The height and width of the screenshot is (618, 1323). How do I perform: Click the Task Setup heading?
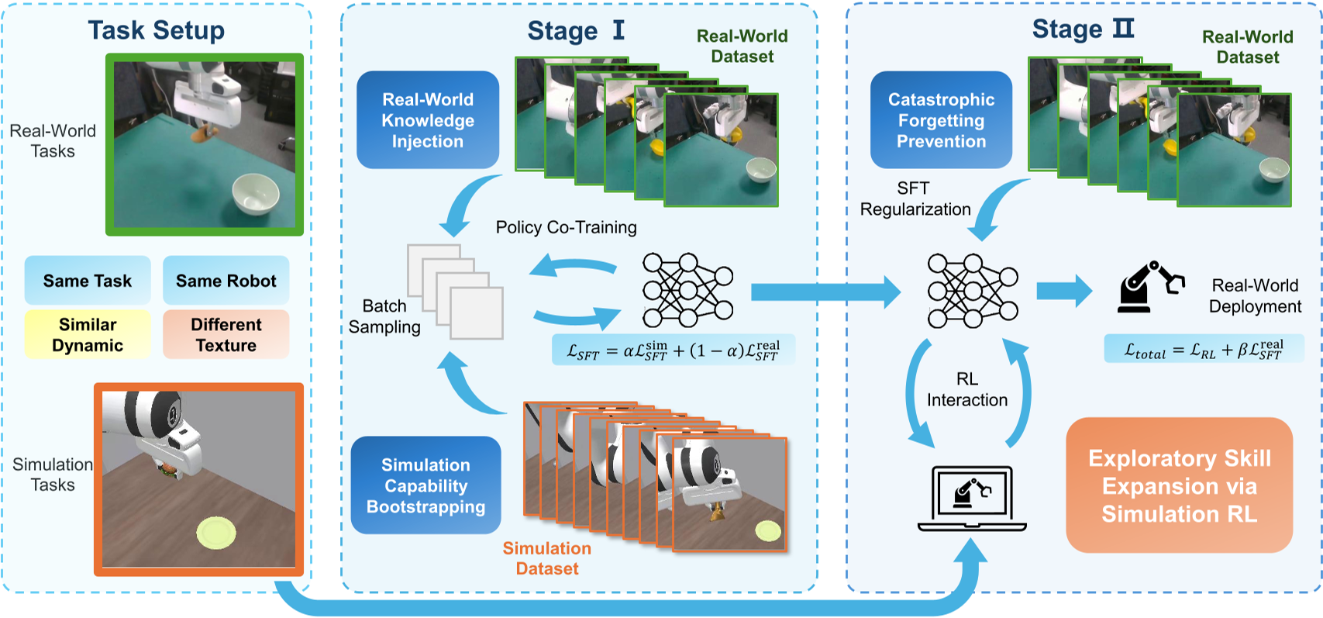156,30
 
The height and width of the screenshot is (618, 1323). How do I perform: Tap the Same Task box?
88,281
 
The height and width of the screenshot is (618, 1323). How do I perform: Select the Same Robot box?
226,281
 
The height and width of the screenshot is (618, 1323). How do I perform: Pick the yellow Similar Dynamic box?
88,335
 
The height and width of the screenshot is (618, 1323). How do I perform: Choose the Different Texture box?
226,335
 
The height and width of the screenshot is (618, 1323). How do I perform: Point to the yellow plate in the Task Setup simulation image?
216,533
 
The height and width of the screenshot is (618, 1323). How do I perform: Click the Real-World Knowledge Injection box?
428,120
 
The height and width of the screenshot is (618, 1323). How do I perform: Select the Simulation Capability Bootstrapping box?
425,485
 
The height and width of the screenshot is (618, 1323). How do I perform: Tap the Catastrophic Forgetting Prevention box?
941,120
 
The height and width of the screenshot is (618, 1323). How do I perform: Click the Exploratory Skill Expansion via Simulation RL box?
1179,485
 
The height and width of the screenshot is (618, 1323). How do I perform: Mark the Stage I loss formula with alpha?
673,350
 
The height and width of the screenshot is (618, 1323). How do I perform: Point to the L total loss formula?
1204,349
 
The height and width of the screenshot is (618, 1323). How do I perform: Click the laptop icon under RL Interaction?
972,499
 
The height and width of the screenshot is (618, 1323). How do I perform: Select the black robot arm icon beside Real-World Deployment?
1150,288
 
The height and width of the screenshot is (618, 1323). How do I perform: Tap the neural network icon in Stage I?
687,290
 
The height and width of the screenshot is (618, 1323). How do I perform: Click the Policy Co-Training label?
566,227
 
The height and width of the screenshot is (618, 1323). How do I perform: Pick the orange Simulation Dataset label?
547,558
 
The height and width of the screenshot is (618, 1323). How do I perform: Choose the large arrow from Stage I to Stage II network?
825,292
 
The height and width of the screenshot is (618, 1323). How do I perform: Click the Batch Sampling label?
384,316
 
